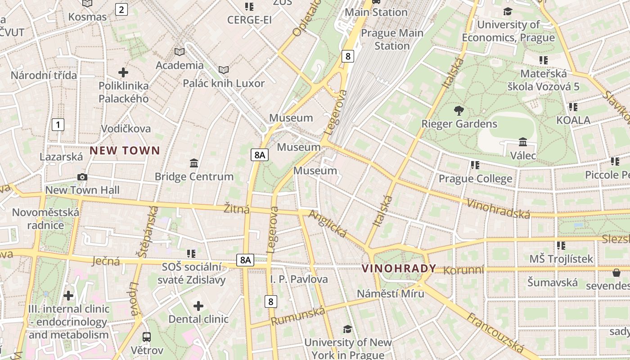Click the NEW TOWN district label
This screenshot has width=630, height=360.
(x=125, y=151)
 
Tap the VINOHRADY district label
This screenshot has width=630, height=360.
(x=399, y=269)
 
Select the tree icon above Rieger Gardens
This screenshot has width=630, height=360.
(x=459, y=110)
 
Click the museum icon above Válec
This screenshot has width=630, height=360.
(x=523, y=142)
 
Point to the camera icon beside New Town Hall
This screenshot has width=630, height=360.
(x=82, y=177)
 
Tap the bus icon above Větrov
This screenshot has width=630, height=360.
(x=147, y=337)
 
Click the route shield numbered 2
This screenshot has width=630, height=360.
(x=121, y=9)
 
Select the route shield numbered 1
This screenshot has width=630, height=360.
(x=58, y=125)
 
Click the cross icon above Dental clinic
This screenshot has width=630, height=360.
(x=198, y=306)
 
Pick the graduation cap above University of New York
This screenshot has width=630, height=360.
(x=347, y=329)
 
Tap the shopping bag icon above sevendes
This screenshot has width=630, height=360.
(x=616, y=273)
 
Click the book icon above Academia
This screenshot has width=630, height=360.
(x=180, y=52)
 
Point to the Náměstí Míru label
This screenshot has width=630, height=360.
(x=390, y=293)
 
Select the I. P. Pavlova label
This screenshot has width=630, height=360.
(x=299, y=279)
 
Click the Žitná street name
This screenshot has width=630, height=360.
(x=237, y=208)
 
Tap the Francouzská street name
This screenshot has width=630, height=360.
(x=495, y=333)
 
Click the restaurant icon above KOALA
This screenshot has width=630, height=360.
(x=573, y=107)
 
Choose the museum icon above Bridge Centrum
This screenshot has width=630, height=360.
(x=194, y=163)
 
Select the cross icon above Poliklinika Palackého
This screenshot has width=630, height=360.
(x=123, y=72)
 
